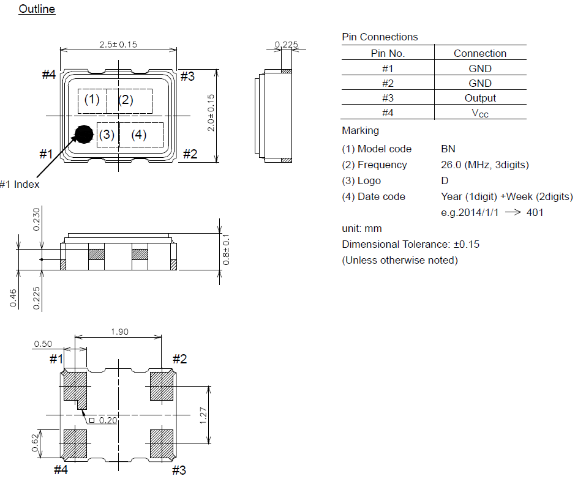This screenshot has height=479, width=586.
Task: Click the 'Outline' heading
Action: point(37,9)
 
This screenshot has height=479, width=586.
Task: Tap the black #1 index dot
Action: point(83,134)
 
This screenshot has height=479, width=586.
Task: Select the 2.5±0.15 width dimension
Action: point(118,45)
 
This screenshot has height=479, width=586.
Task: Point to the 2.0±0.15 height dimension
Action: point(211,113)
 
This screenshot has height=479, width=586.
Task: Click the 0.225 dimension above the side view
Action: point(286,45)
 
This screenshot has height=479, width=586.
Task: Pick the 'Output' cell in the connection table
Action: point(480,98)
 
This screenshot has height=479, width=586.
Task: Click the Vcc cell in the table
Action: point(480,113)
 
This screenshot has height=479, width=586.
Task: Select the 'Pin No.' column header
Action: point(388,53)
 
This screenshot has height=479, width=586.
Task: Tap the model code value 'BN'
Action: point(448,149)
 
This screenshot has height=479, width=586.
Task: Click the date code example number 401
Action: point(535,212)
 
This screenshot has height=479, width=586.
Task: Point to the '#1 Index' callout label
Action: point(19,184)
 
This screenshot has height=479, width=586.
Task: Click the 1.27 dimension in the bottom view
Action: point(204,415)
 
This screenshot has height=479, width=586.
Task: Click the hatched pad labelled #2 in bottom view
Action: point(162,386)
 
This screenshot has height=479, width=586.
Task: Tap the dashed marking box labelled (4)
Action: point(140,135)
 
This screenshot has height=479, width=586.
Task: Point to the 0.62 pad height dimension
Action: point(35,442)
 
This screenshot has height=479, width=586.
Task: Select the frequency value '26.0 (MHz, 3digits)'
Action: point(484,165)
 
